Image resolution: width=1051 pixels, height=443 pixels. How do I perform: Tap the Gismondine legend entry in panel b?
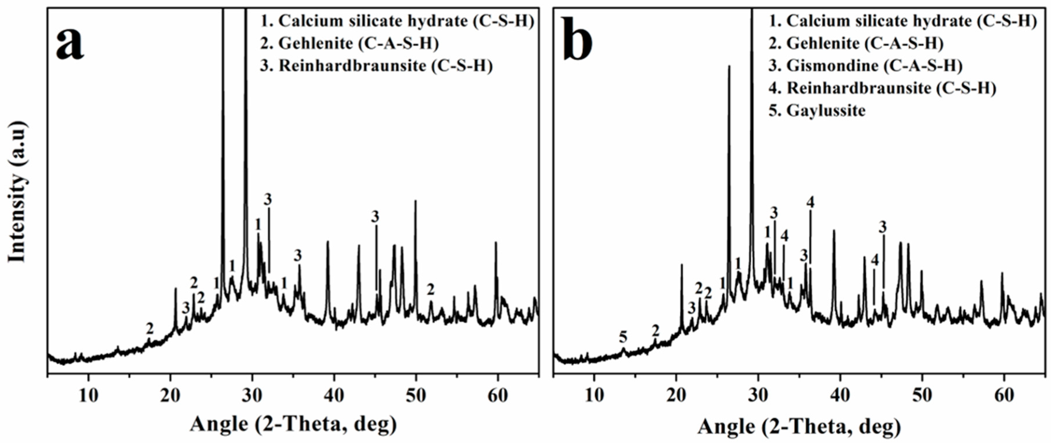[x=865, y=66]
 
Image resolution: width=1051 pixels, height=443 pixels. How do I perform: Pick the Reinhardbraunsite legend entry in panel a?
[x=376, y=66]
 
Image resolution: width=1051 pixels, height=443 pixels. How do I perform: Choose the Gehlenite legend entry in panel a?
[x=349, y=43]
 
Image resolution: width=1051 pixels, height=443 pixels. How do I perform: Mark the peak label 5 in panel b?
[x=622, y=337]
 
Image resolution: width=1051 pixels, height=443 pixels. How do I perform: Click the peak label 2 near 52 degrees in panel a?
[x=431, y=290]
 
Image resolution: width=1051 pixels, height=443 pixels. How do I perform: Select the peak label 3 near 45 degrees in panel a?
[x=375, y=216]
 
